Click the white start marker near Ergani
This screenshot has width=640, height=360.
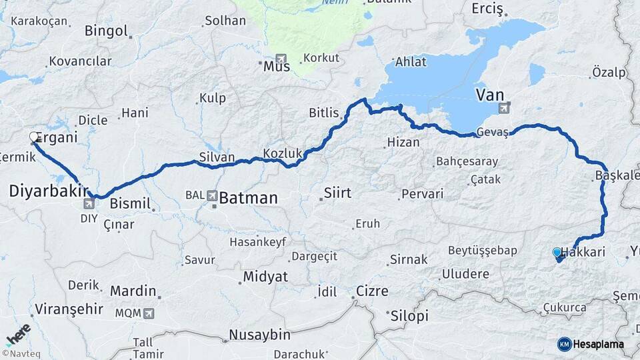(x=34, y=137)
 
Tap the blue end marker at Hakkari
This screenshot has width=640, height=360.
(x=557, y=253)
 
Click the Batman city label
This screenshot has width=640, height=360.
(x=248, y=198)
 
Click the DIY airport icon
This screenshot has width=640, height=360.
(x=89, y=203)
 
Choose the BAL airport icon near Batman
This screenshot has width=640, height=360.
(x=212, y=195)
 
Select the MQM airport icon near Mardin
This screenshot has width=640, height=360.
(x=147, y=312)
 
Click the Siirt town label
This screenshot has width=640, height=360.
(x=337, y=193)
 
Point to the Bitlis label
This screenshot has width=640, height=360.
(x=324, y=113)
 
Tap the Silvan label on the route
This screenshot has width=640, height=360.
(x=217, y=157)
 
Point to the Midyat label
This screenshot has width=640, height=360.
(x=265, y=276)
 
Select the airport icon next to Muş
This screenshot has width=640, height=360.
(x=281, y=59)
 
